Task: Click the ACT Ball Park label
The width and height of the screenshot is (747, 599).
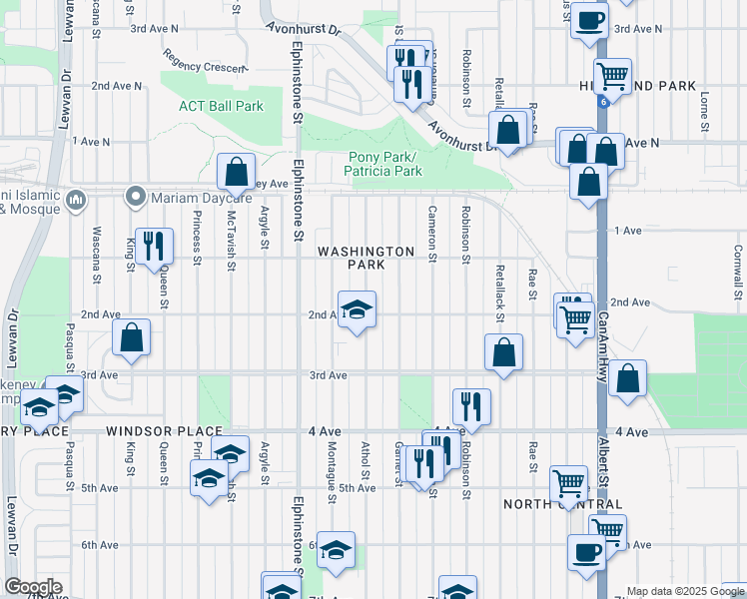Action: [x=221, y=106]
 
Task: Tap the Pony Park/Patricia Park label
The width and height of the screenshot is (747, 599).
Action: [x=384, y=164]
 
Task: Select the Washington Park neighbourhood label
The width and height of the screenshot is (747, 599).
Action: [x=366, y=258]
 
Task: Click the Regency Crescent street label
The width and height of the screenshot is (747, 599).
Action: [x=205, y=61]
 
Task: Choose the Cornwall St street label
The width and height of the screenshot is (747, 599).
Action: [x=736, y=272]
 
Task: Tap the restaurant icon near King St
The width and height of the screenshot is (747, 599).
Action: [x=153, y=245]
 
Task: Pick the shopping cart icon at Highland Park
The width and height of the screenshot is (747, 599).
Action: [x=612, y=75]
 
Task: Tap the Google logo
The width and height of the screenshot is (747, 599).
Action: [x=33, y=587]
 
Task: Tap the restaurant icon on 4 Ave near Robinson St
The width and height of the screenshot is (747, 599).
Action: [x=471, y=405]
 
